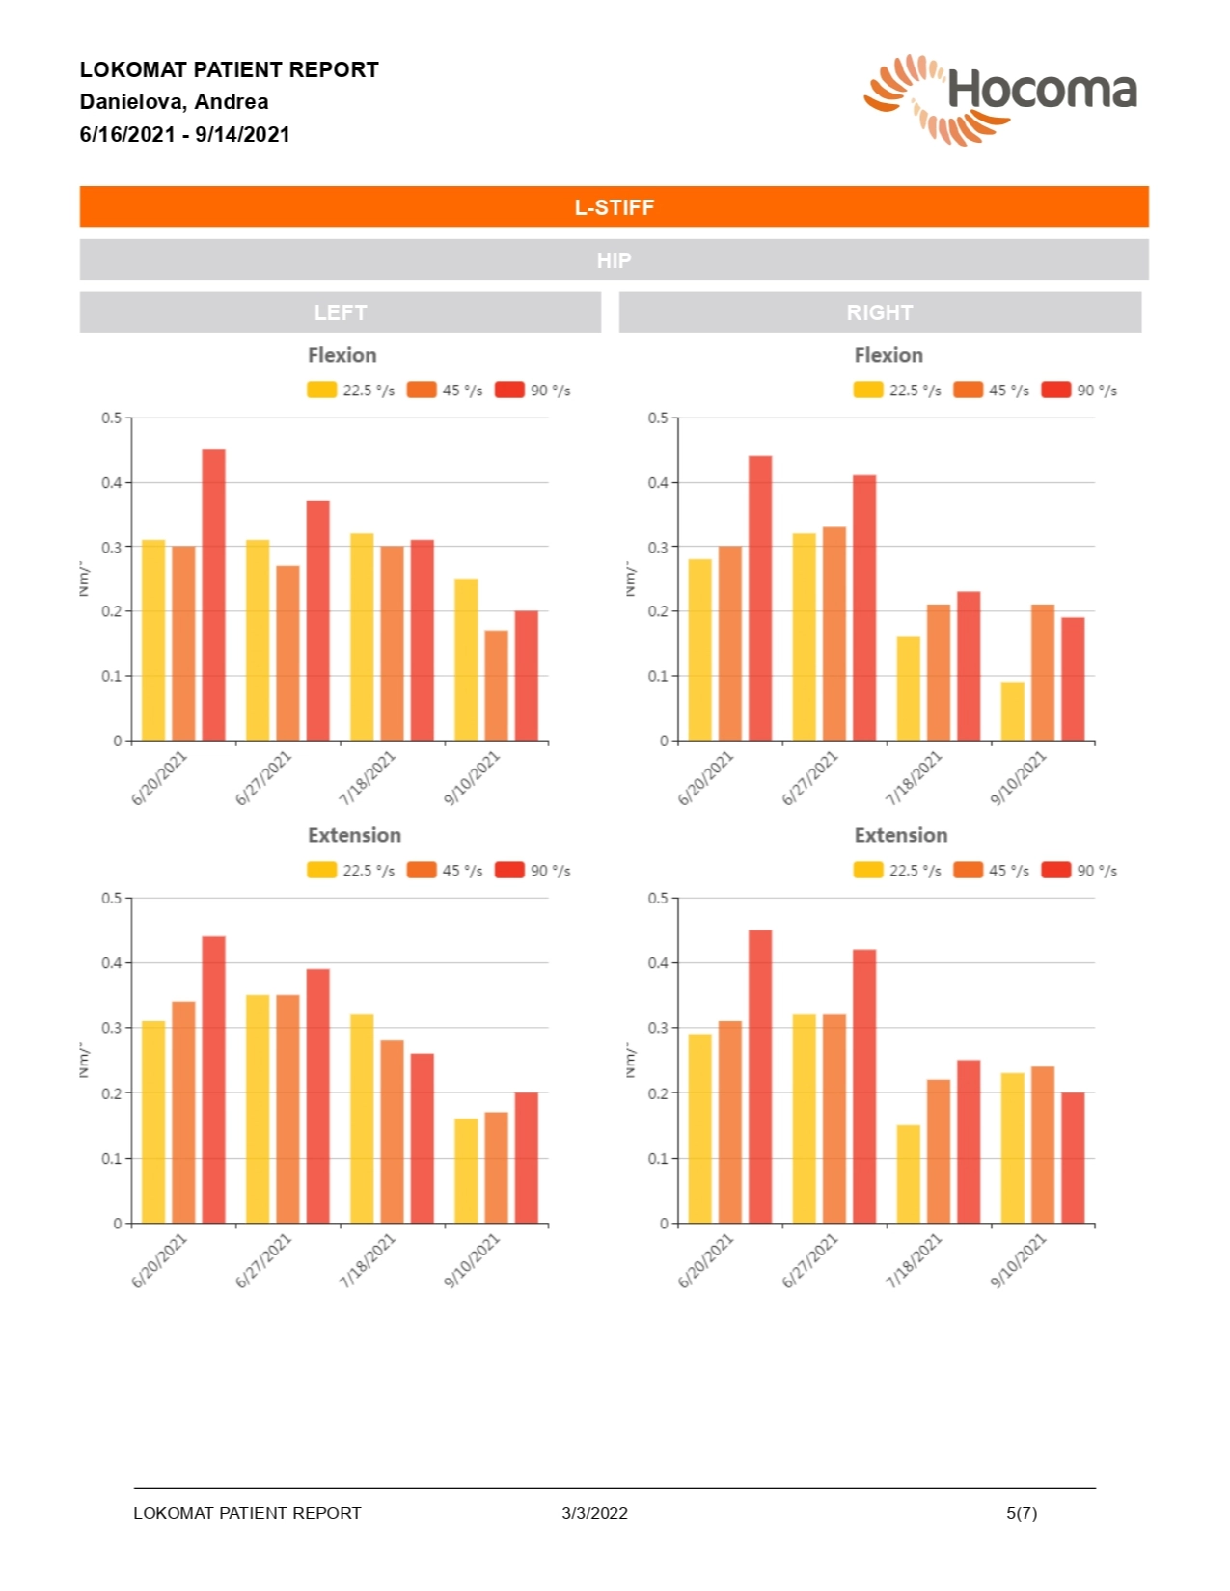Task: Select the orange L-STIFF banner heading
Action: [x=614, y=207]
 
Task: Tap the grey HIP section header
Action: [x=614, y=260]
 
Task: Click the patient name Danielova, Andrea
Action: [x=174, y=102]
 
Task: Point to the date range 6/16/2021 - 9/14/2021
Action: [x=184, y=135]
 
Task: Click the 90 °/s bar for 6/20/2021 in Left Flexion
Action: [x=213, y=595]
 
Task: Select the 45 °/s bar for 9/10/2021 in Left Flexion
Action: [x=496, y=686]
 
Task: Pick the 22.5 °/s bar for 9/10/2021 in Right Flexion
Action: [x=1012, y=712]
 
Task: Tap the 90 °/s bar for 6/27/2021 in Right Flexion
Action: [x=864, y=607]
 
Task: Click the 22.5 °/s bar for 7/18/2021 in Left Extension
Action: [x=362, y=1119]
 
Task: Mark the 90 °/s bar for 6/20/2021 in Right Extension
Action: [x=760, y=1076]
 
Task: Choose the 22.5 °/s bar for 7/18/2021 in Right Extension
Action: [x=908, y=1173]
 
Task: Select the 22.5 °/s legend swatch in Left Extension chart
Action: [x=321, y=871]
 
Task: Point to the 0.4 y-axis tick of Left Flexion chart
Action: [x=112, y=483]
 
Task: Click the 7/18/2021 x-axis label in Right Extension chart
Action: [x=913, y=1261]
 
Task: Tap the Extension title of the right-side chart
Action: [x=900, y=836]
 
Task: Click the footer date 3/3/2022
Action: [x=594, y=1513]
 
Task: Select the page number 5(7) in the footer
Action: [x=1021, y=1513]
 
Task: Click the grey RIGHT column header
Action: [x=879, y=312]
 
